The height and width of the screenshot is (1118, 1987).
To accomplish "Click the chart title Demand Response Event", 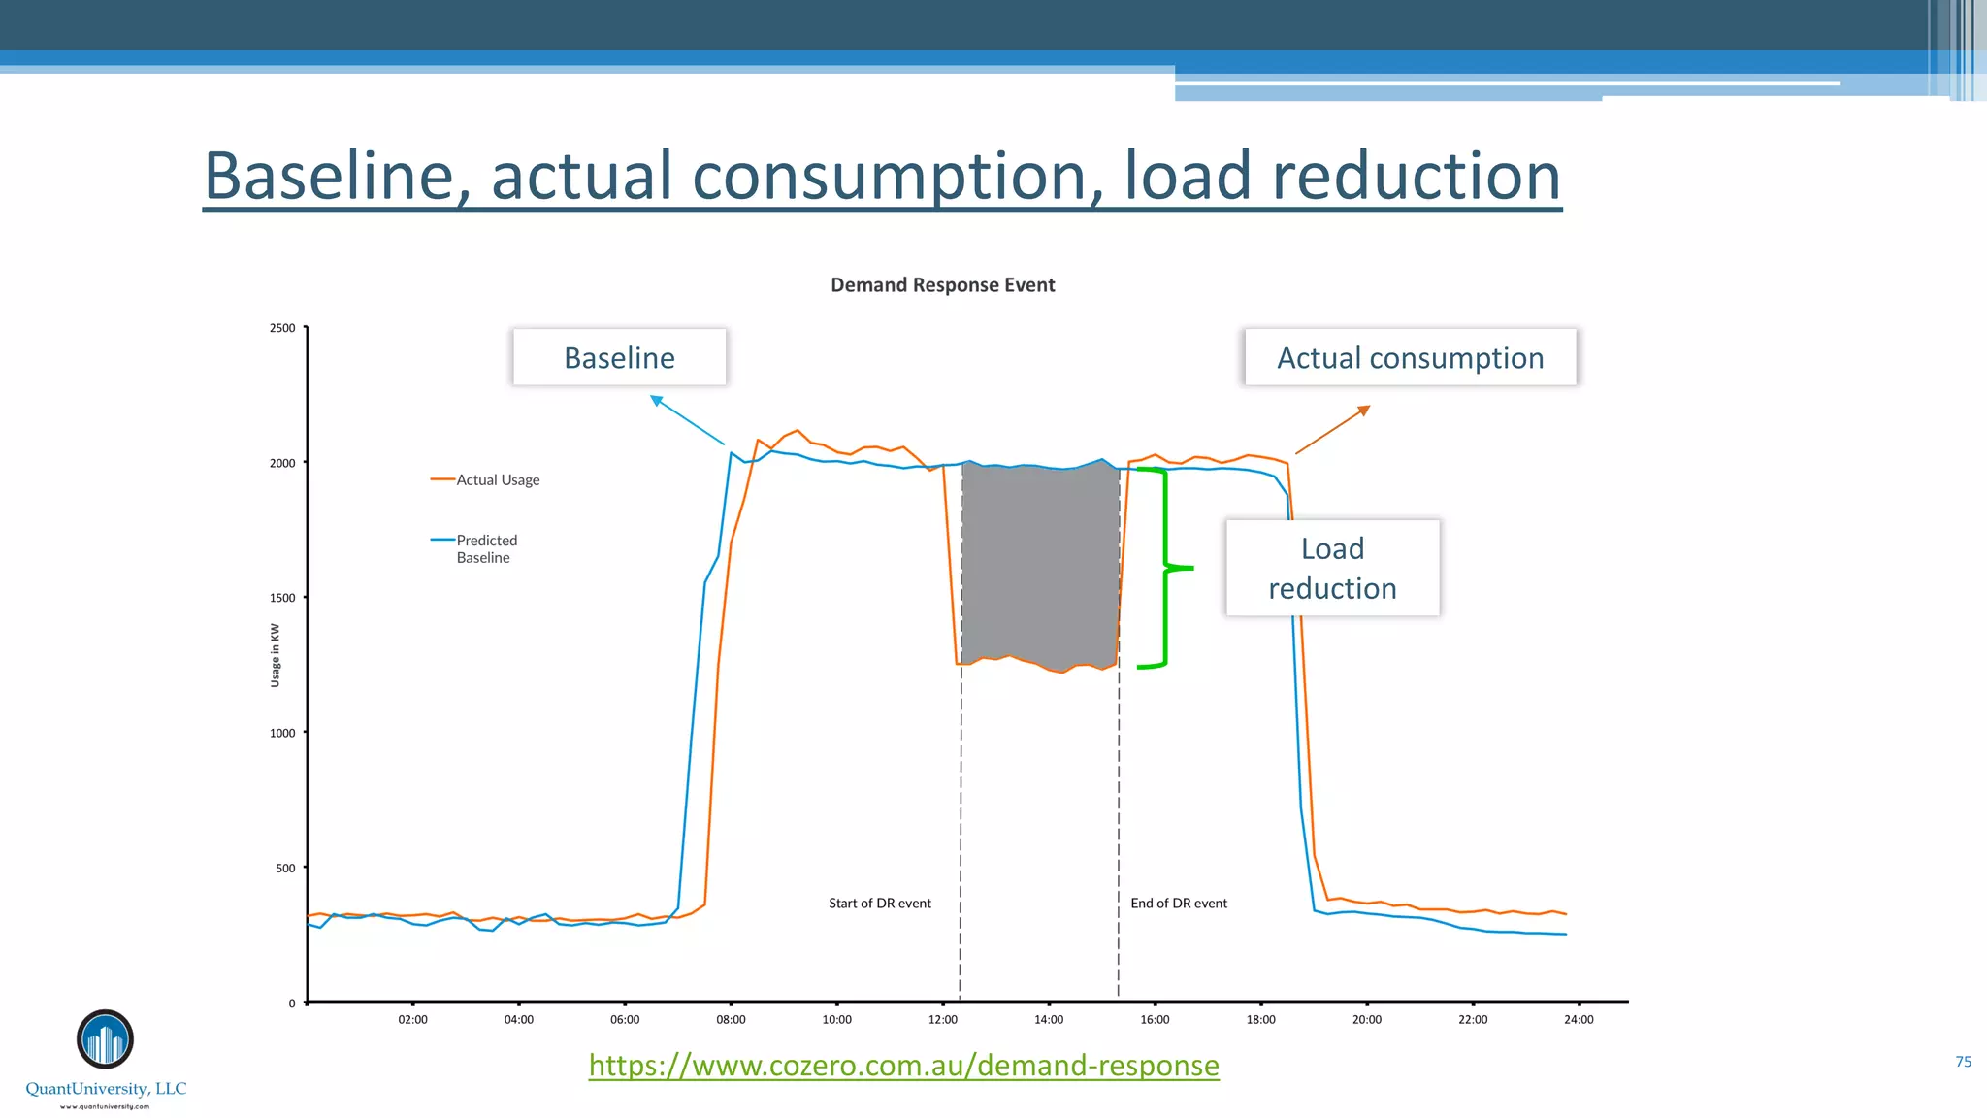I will tap(942, 285).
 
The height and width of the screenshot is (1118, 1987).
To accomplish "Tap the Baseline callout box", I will tap(619, 358).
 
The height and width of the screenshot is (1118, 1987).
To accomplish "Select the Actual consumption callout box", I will tap(1410, 358).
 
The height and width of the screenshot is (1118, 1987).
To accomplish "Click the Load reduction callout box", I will tap(1332, 569).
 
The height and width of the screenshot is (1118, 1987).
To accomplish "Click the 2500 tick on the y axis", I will tap(282, 328).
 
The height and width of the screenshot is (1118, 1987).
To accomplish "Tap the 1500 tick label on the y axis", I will tap(282, 598).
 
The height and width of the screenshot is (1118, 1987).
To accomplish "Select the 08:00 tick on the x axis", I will tap(731, 1019).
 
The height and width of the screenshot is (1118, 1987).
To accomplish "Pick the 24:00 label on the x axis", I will tap(1579, 1019).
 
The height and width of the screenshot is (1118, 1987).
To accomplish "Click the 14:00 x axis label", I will tap(1049, 1019).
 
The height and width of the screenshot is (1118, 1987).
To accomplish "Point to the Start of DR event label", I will tap(879, 904).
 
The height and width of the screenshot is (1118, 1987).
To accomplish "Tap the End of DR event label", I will tap(1179, 904).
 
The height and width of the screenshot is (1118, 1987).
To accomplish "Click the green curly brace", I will tap(1164, 568).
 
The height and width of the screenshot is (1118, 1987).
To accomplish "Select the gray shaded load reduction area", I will tap(1040, 568).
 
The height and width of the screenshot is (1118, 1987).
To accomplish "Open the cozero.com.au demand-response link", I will tap(903, 1066).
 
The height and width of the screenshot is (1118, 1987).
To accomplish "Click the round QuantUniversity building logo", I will tap(105, 1039).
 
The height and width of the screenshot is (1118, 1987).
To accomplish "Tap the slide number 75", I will tap(1963, 1062).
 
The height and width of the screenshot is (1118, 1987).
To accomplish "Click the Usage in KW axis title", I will tap(275, 655).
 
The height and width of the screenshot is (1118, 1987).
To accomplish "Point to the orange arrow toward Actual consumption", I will tap(1332, 430).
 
